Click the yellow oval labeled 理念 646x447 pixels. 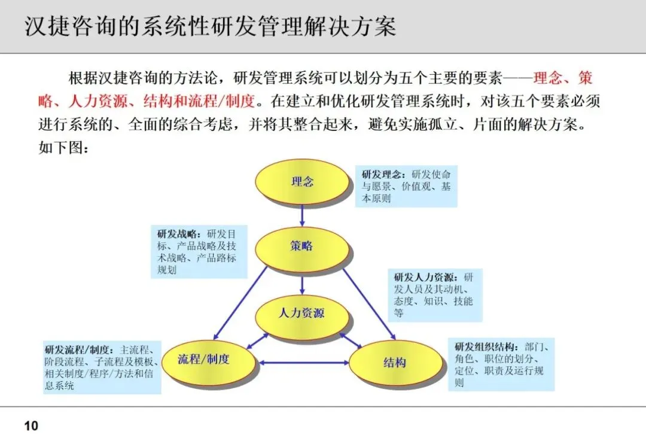302,181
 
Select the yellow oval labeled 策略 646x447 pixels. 302,246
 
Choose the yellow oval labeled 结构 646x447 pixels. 394,362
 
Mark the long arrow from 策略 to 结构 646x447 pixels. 367,303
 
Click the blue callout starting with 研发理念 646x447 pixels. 406,186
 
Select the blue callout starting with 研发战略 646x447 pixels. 199,251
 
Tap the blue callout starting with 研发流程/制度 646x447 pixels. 102,367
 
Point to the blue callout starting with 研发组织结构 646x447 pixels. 501,364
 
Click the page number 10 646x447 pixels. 31,426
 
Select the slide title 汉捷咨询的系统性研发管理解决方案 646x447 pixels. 210,27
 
